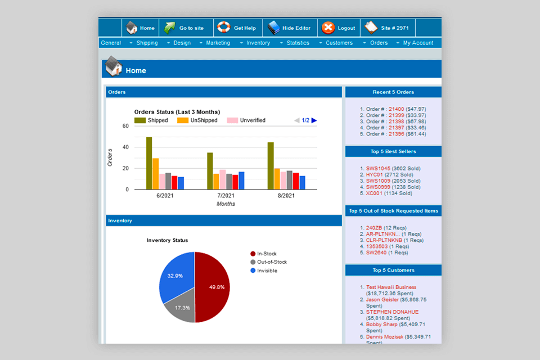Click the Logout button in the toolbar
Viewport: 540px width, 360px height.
pyautogui.click(x=339, y=28)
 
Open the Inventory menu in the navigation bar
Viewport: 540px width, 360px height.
pyautogui.click(x=258, y=43)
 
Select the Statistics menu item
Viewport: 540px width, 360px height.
pyautogui.click(x=298, y=43)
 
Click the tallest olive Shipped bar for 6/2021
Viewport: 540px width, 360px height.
pyautogui.click(x=149, y=163)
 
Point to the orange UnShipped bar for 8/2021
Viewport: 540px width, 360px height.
pyautogui.click(x=277, y=179)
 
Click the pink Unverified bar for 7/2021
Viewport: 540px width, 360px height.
pyautogui.click(x=223, y=179)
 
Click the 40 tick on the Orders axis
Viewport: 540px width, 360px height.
pyautogui.click(x=125, y=147)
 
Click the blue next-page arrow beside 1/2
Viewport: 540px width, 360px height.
pyautogui.click(x=314, y=120)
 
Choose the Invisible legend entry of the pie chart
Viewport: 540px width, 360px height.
pyautogui.click(x=267, y=271)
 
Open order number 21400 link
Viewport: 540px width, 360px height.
pyautogui.click(x=396, y=109)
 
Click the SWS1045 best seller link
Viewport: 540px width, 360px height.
pyautogui.click(x=377, y=168)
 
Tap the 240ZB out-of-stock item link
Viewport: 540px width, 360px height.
pyautogui.click(x=374, y=228)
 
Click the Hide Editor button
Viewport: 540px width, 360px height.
pyautogui.click(x=290, y=28)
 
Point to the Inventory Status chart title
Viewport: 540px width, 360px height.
pyautogui.click(x=167, y=240)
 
